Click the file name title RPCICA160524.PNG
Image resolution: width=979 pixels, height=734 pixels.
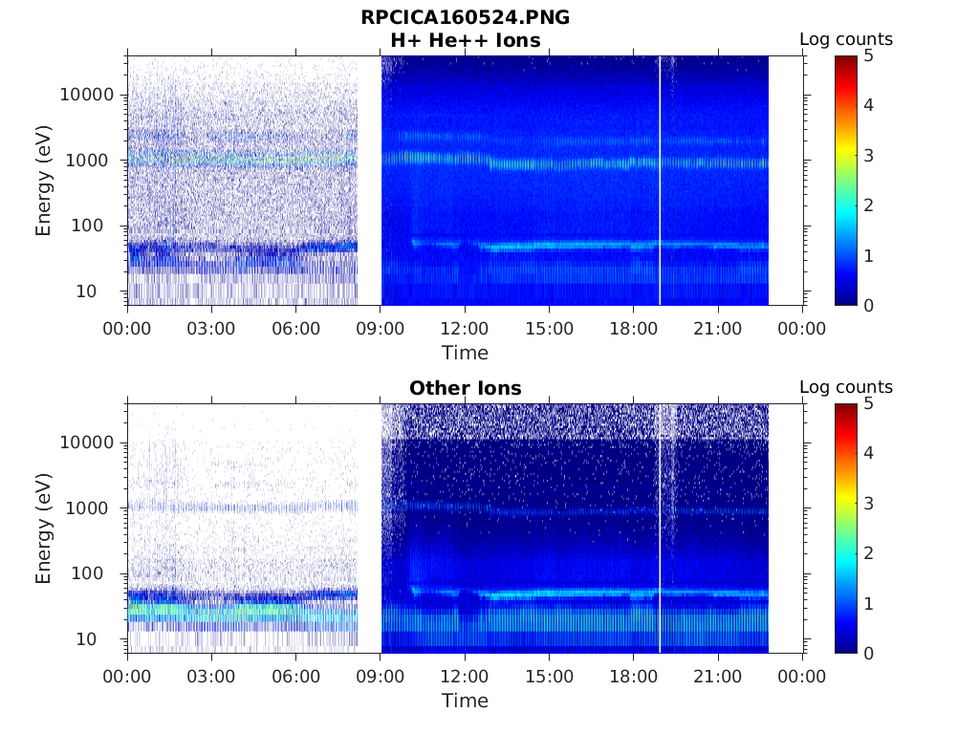click(x=465, y=17)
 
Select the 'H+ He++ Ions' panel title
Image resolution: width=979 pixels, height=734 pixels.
click(x=465, y=40)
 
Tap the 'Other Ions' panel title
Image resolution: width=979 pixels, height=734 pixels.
click(x=465, y=388)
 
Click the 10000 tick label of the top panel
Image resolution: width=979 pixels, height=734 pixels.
click(x=86, y=95)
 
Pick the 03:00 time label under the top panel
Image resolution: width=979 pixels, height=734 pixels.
click(x=211, y=329)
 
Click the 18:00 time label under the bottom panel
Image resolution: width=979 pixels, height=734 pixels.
click(x=633, y=677)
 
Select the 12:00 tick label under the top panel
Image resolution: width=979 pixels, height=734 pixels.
click(x=465, y=329)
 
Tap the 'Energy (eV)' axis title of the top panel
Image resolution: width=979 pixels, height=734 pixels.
click(x=44, y=181)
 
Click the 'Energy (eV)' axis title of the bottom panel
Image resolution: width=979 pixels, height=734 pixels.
click(x=44, y=529)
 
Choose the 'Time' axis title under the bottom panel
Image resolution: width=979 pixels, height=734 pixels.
click(x=465, y=701)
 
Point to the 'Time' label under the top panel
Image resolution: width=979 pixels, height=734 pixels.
click(x=465, y=353)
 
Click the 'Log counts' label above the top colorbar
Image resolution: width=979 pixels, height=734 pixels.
click(x=845, y=39)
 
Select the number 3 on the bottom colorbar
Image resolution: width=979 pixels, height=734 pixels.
click(x=866, y=503)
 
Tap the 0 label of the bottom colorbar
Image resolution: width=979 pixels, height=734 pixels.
click(x=866, y=653)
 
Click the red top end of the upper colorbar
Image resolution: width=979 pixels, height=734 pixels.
click(x=845, y=59)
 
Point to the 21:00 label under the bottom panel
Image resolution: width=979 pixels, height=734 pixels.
click(x=717, y=677)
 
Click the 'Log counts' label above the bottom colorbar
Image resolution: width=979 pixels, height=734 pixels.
click(x=845, y=387)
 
